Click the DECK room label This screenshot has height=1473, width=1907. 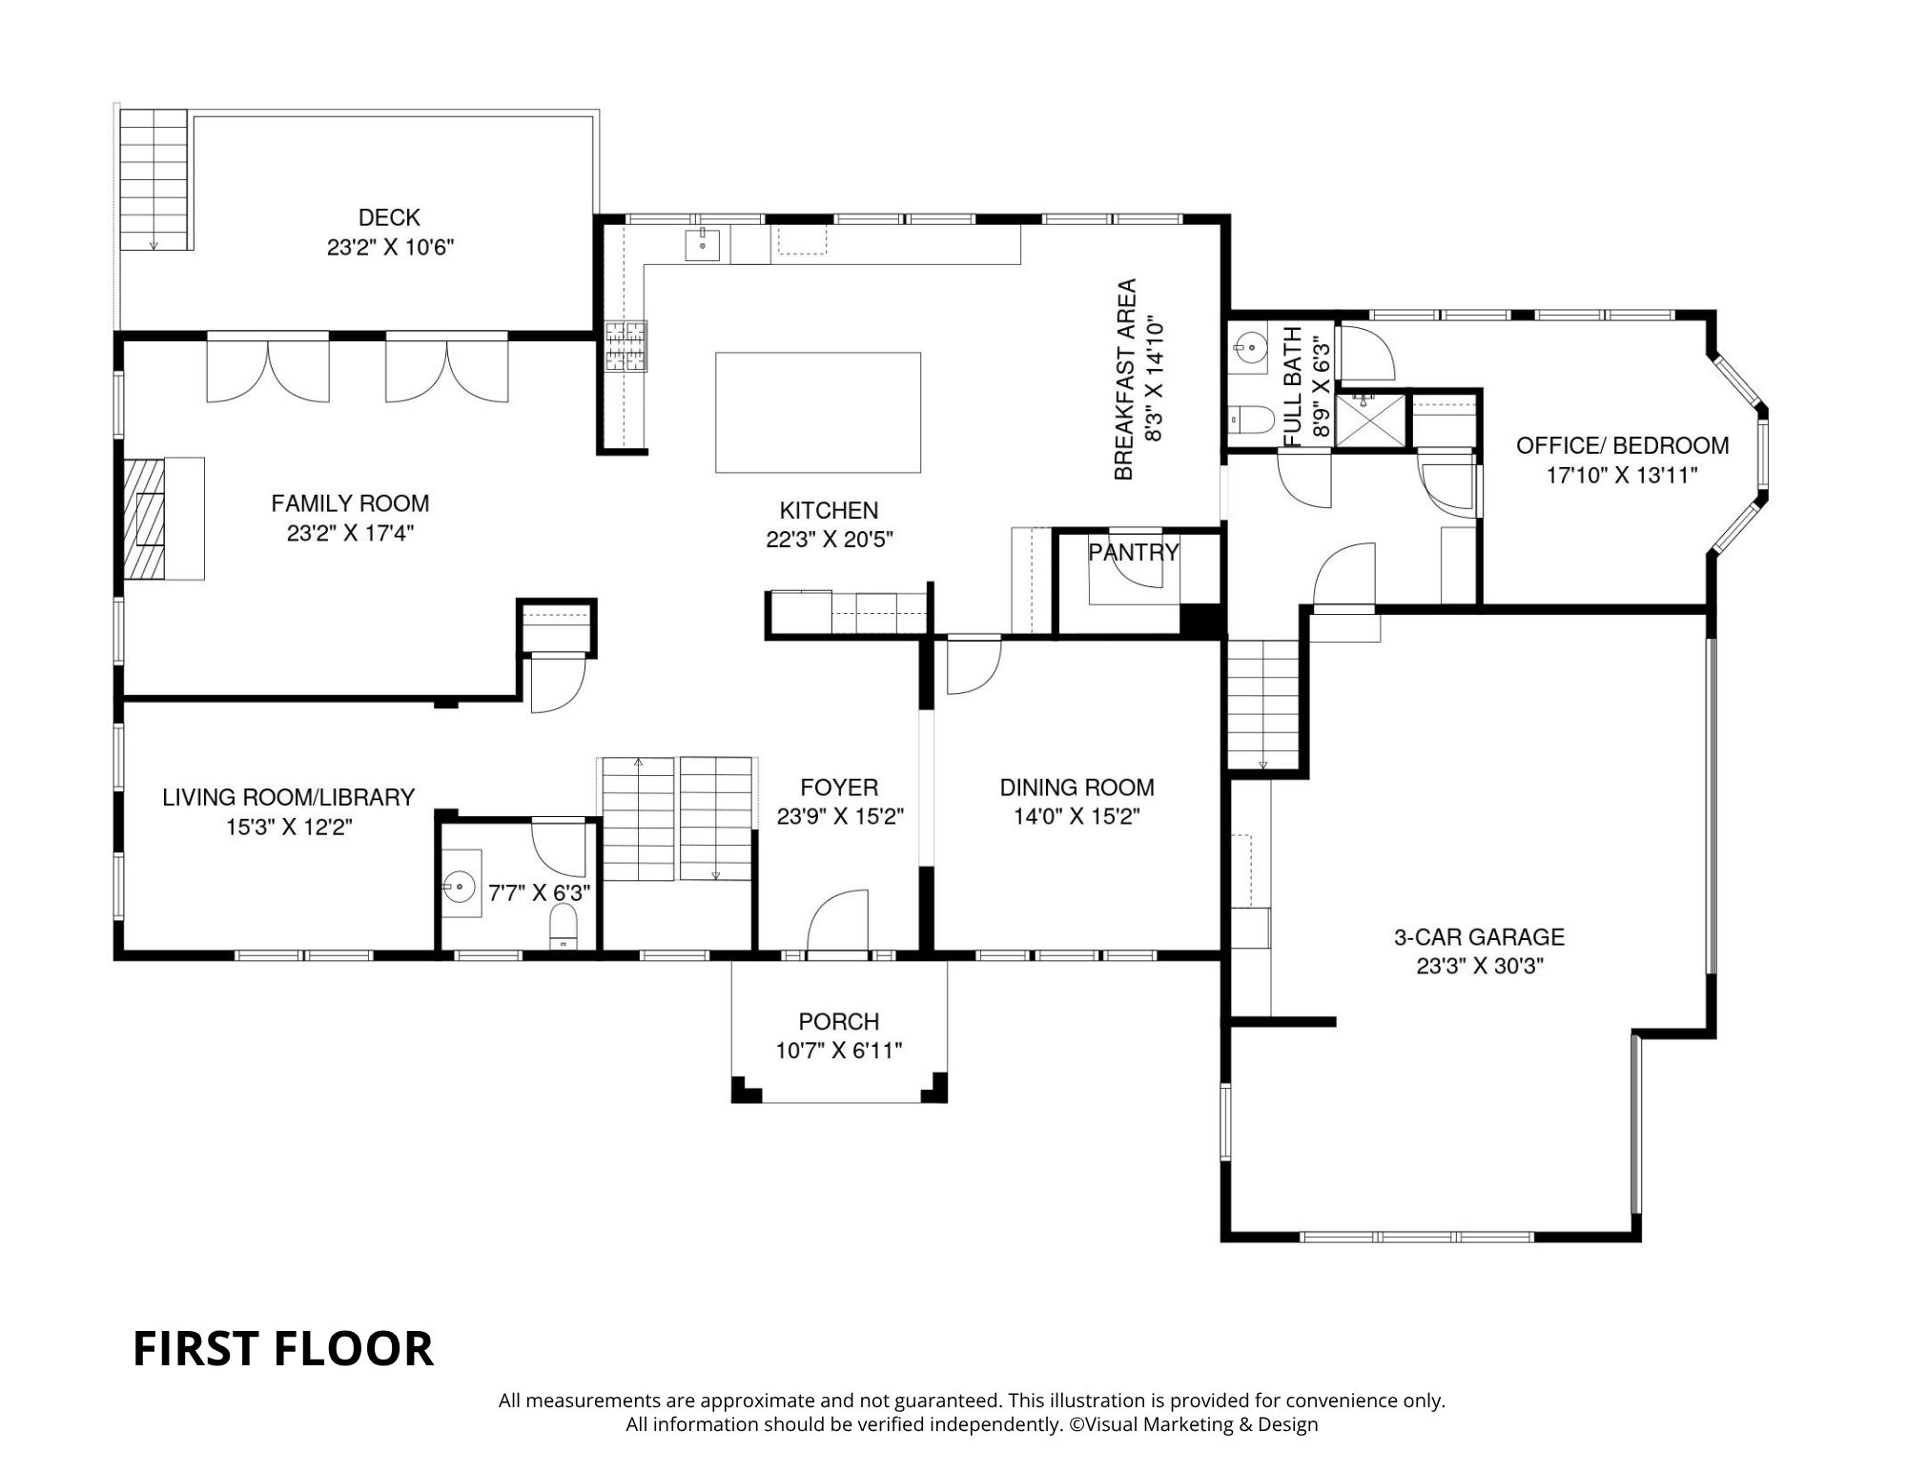tap(389, 217)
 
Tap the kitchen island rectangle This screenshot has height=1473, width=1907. tap(818, 412)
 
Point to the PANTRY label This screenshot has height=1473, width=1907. tap(1134, 552)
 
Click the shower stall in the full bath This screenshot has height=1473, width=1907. tap(1369, 419)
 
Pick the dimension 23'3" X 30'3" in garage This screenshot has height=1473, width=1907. tap(1479, 967)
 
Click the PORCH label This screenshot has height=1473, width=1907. tap(838, 1022)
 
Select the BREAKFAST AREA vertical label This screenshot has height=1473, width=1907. tap(1126, 378)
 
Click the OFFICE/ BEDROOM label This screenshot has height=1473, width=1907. tap(1622, 445)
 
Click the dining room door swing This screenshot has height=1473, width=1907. tap(972, 666)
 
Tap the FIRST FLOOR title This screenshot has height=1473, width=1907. tap(282, 1348)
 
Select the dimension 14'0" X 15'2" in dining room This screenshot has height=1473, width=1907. tap(1077, 817)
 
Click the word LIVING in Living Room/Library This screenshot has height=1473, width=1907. tap(197, 797)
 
